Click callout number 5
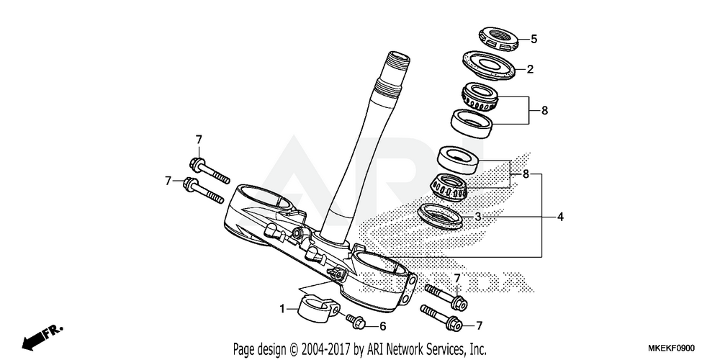(534, 39)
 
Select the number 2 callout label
(530, 70)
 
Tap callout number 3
(477, 216)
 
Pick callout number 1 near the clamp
(283, 309)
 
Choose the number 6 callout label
(383, 325)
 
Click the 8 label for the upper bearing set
(545, 111)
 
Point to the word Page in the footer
(245, 348)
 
